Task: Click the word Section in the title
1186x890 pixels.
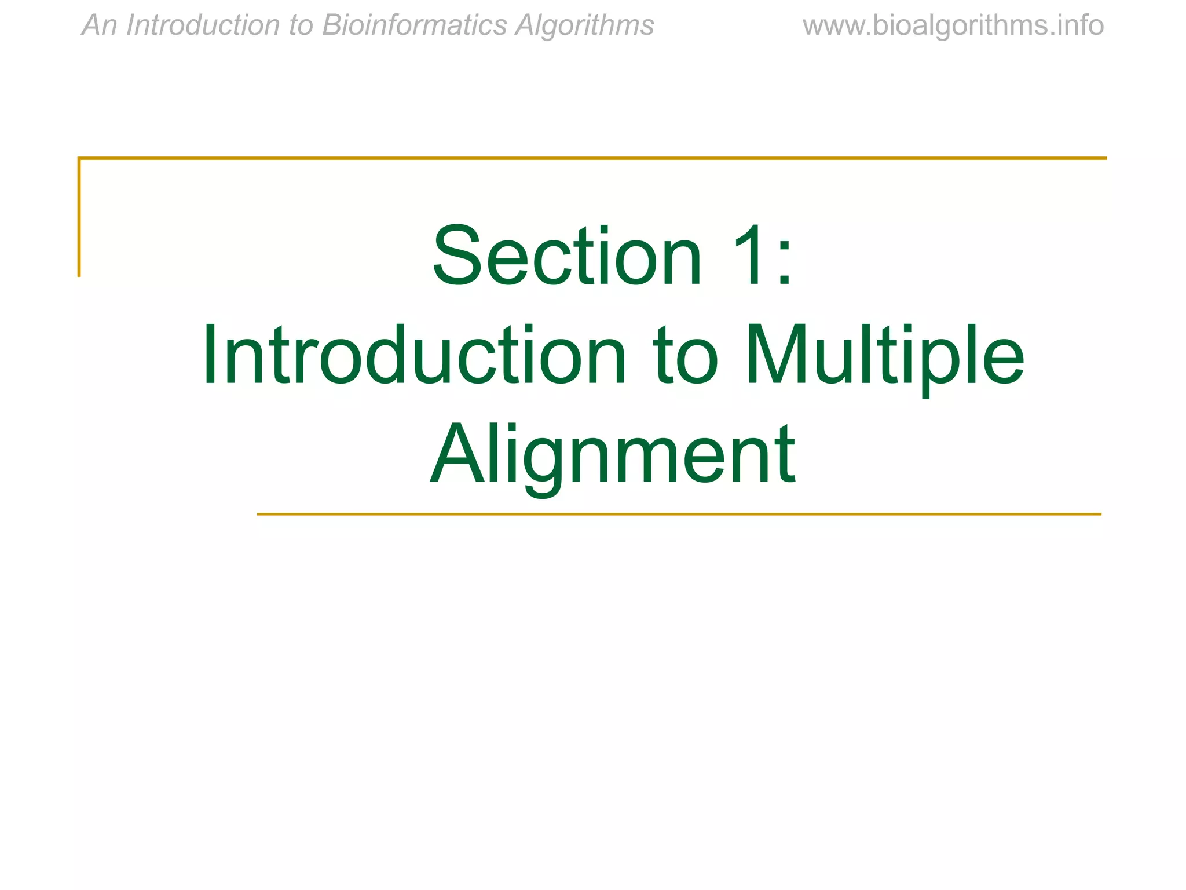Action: [567, 256]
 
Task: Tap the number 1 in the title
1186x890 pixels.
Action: [748, 256]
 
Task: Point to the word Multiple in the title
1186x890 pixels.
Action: [884, 355]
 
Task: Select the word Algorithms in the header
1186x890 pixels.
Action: [584, 25]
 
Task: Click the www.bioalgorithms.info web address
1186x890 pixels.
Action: [953, 25]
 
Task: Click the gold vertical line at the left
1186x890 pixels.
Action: [79, 217]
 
